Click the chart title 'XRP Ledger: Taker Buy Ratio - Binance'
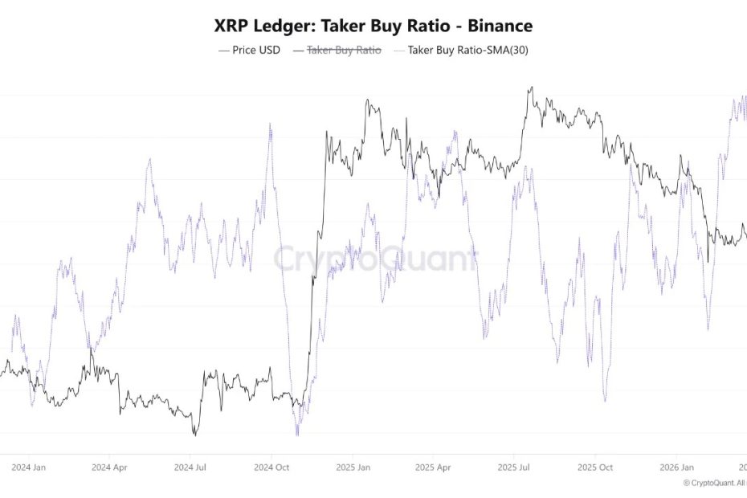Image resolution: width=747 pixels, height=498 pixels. point(373,26)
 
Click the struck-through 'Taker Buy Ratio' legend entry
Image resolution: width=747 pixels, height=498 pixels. point(337,50)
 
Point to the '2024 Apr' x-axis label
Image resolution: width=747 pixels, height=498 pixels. point(110,467)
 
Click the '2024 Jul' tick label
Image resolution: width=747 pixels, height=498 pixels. point(192,467)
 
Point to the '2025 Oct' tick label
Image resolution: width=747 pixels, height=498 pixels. point(596,467)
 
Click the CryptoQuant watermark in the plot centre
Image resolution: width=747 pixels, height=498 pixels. point(374,259)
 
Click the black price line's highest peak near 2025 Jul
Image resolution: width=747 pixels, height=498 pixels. point(530,88)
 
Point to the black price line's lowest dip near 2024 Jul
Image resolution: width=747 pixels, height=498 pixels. point(194,435)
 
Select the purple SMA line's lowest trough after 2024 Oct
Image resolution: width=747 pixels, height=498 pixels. point(297,435)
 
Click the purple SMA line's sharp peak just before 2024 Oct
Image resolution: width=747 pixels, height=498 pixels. point(270,124)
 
